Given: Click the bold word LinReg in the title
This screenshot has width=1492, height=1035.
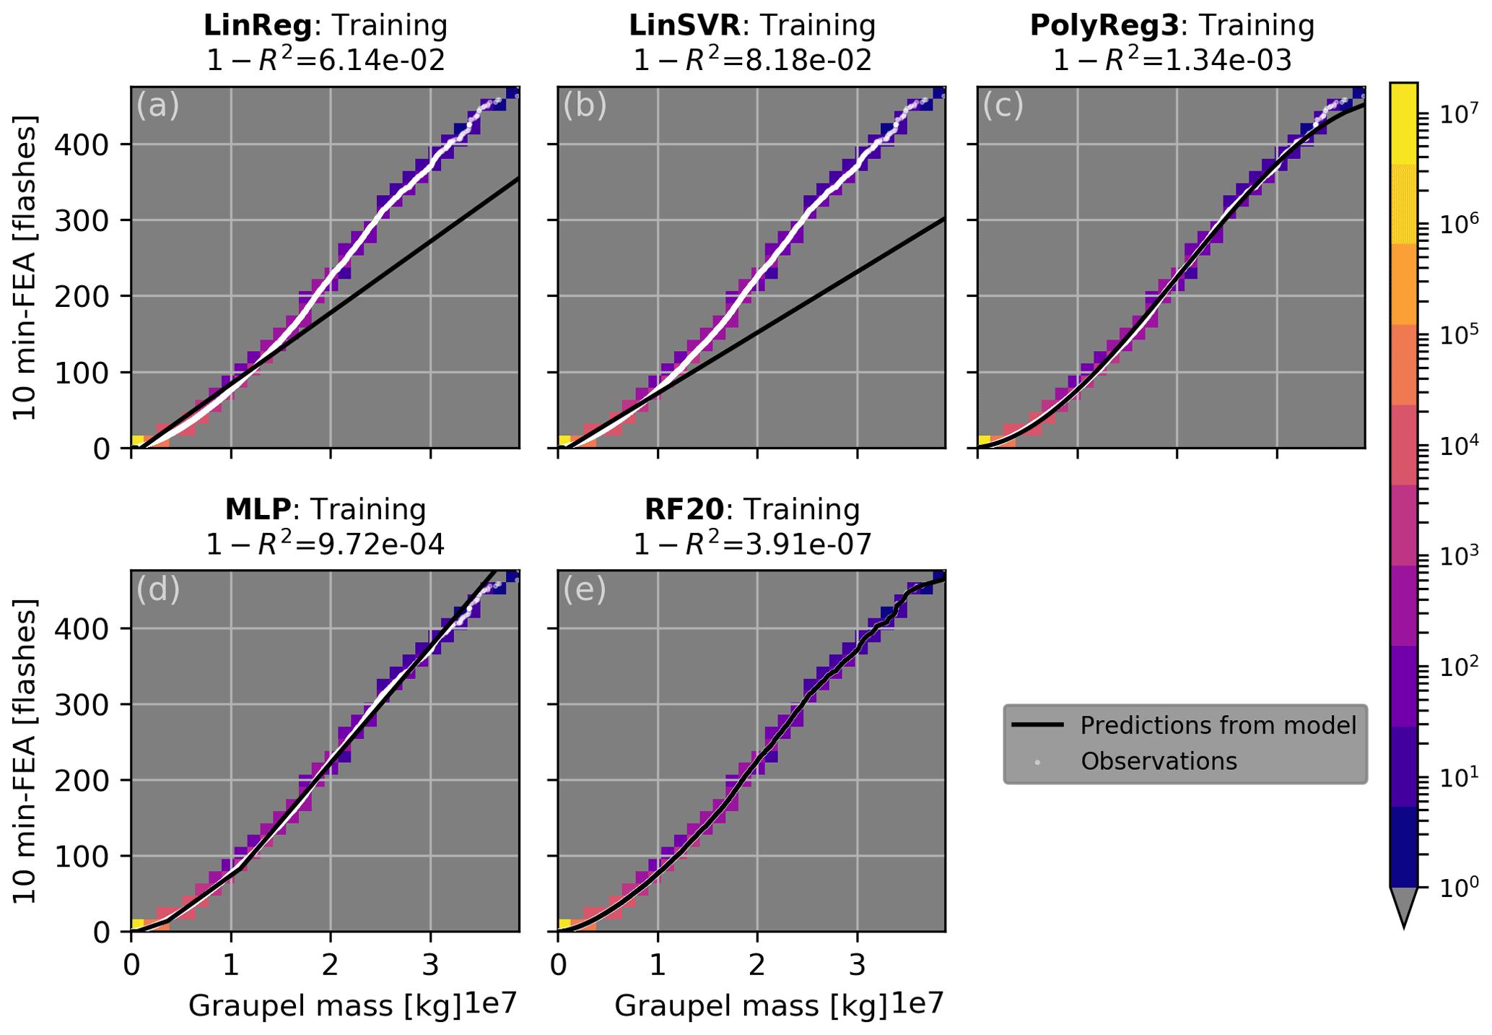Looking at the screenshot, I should [x=258, y=26].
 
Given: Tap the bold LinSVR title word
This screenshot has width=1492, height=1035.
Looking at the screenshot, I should [x=684, y=26].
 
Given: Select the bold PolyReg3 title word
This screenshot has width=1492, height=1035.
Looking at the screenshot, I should [x=1104, y=26].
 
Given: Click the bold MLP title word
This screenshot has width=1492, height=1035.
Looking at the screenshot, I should [x=258, y=510].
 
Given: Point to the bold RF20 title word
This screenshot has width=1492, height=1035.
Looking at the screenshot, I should [x=684, y=510].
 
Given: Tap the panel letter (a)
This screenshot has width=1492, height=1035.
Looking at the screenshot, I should [x=157, y=106].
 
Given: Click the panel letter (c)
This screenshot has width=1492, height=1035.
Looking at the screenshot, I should [x=1003, y=106].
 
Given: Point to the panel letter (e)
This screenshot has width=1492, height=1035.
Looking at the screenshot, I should [x=584, y=590].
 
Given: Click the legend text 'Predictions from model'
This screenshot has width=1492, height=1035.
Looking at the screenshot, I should [x=1218, y=725].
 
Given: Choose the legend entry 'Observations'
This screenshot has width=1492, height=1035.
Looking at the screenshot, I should [x=1159, y=761].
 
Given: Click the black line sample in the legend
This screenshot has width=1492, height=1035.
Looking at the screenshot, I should [x=1037, y=725].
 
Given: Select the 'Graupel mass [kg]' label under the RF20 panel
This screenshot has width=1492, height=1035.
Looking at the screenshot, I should [x=751, y=1006].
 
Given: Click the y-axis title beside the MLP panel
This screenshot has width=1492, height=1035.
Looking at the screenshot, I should [x=25, y=751].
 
